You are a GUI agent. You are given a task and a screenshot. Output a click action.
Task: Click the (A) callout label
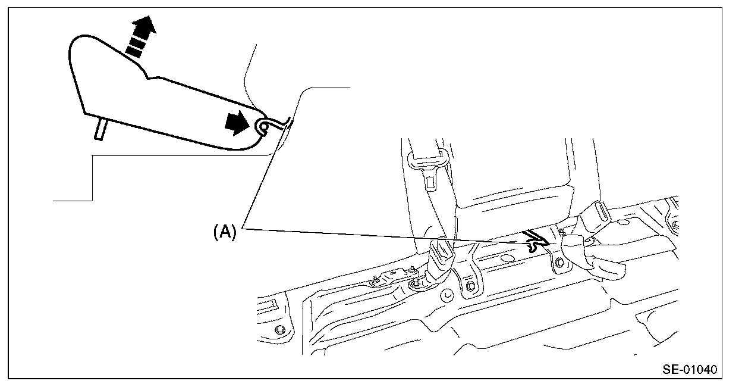pos(225,231)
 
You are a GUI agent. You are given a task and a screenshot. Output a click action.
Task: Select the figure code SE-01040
pos(689,369)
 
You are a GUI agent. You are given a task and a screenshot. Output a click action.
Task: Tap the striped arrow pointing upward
pos(140,38)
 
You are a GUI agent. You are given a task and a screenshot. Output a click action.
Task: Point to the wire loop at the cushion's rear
pos(262,126)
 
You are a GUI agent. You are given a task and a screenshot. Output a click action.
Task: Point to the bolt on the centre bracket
pos(470,288)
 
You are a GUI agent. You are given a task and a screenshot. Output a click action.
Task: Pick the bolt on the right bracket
pos(559,263)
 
